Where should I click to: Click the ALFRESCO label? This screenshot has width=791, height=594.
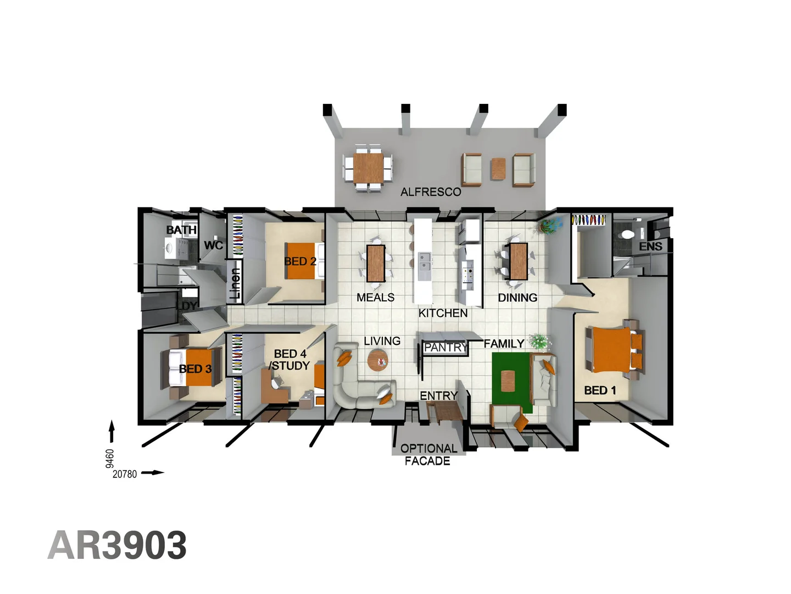click(x=431, y=192)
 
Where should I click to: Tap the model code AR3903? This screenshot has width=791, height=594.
click(x=118, y=546)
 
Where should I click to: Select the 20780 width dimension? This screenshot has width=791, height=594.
click(x=125, y=474)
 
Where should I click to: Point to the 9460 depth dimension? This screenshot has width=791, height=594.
click(x=110, y=458)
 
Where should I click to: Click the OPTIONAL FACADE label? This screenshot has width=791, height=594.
click(x=428, y=455)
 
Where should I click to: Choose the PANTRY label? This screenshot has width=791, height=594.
click(x=445, y=348)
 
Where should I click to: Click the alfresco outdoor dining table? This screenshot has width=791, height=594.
click(x=368, y=168)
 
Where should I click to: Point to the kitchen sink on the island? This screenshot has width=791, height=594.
click(x=424, y=262)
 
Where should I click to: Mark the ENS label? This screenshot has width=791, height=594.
click(x=650, y=246)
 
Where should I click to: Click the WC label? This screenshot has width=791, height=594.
click(x=213, y=245)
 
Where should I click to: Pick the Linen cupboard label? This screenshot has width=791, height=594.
click(x=235, y=283)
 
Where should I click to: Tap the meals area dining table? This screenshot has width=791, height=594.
click(x=376, y=263)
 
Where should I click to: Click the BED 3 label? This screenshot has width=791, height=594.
click(x=195, y=369)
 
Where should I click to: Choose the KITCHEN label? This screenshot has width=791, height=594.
click(x=443, y=313)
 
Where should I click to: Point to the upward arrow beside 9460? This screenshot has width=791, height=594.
click(x=112, y=431)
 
